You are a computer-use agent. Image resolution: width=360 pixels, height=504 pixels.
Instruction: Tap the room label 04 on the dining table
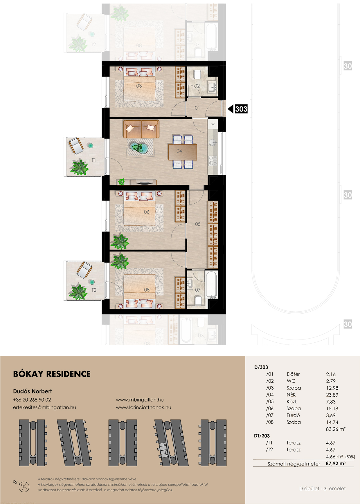(x=179, y=151)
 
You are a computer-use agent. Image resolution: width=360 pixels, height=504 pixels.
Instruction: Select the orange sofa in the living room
(x=141, y=129)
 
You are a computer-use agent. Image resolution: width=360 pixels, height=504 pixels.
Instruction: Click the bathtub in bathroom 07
(x=211, y=284)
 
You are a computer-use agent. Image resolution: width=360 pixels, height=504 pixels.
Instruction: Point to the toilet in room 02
(x=197, y=75)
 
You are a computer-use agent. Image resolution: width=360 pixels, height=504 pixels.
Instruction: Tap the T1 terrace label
(x=93, y=160)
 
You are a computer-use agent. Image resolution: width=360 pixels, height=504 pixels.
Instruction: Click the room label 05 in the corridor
(x=198, y=224)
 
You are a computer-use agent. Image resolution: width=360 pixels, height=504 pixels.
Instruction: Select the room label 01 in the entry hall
(x=197, y=108)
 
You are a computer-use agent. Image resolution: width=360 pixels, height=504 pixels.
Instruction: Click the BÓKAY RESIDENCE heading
(x=52, y=374)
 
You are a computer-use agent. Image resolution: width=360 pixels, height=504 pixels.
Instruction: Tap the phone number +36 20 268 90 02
(x=32, y=400)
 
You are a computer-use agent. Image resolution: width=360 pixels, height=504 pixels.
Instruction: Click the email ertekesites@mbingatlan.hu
(x=44, y=407)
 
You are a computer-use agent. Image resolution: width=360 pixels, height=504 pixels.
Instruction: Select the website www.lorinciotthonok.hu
(x=143, y=407)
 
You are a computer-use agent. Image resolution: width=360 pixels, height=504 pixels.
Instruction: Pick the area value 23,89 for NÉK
(x=332, y=395)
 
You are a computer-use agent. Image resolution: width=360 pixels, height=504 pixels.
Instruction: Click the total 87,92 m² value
(x=336, y=463)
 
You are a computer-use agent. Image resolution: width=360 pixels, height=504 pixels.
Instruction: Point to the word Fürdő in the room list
(x=293, y=415)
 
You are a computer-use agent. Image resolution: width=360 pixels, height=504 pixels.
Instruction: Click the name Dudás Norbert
(x=33, y=391)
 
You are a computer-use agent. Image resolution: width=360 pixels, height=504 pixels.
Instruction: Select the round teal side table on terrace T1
(x=91, y=146)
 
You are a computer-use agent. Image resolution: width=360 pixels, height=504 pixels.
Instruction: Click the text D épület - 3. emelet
(x=323, y=489)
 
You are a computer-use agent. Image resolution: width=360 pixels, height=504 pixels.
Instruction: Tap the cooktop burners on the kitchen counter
(x=213, y=161)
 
